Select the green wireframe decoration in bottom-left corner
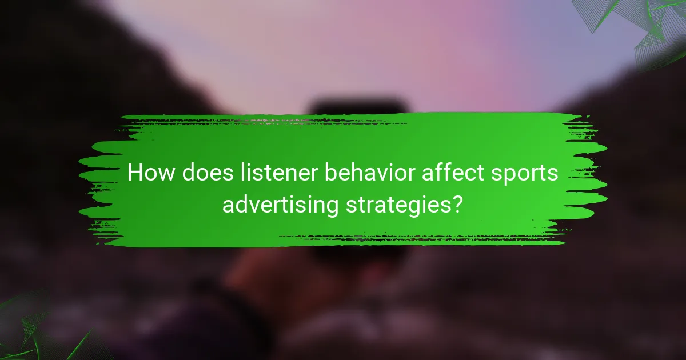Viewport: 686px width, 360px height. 34,329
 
